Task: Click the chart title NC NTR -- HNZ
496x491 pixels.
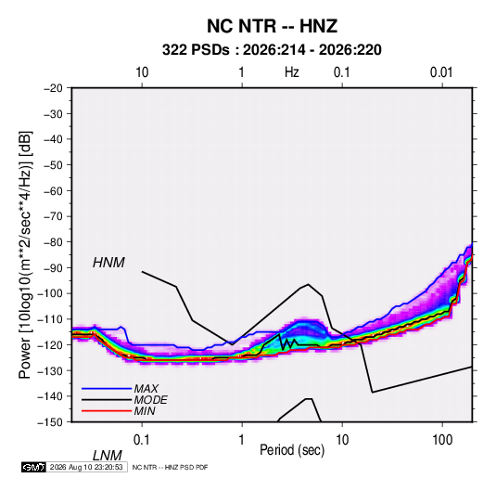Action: pos(272,26)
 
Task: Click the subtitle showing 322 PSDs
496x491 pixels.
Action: pos(272,50)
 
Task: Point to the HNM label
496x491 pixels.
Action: pos(108,263)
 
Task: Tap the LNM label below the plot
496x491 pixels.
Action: pos(107,456)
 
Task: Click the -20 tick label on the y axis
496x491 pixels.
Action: pos(53,88)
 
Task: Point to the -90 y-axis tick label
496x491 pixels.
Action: pos(53,267)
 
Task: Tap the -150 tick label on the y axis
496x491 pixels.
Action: pos(51,422)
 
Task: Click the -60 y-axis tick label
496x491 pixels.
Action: pos(53,190)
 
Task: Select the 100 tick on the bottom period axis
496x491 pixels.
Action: pos(442,440)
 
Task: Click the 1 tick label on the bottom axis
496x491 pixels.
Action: pos(242,440)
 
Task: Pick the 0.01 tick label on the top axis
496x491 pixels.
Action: pos(441,72)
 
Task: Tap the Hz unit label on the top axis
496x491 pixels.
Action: pos(292,72)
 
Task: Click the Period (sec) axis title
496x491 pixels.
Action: pos(292,450)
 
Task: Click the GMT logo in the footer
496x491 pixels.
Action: pos(33,467)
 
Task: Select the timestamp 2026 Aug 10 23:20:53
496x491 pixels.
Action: pos(86,467)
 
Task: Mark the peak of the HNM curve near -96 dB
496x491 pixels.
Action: pos(309,284)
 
